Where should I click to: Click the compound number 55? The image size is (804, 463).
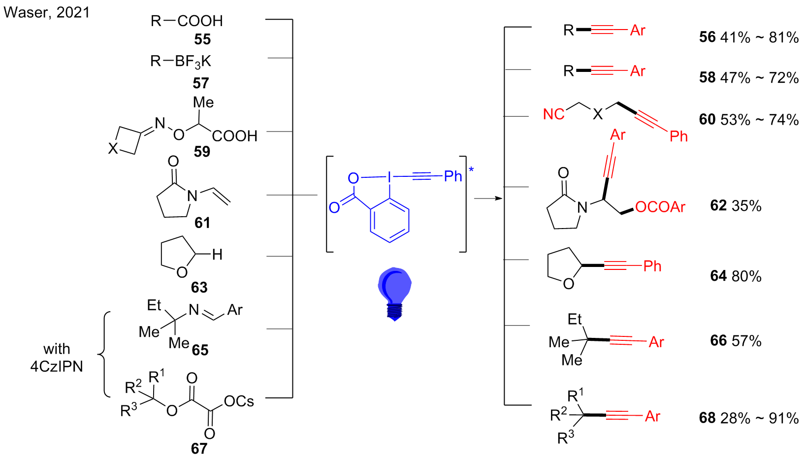click(202, 39)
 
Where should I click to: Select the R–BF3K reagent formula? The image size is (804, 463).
click(181, 62)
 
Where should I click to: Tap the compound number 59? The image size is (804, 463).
click(202, 152)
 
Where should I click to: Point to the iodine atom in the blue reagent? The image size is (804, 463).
click(389, 177)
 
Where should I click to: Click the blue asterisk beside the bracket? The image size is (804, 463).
click(471, 169)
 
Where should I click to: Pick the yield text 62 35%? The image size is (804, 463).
click(736, 206)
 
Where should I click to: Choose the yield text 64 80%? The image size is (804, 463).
click(736, 276)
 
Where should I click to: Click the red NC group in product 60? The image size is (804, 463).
click(554, 114)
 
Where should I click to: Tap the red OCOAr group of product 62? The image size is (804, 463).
click(660, 207)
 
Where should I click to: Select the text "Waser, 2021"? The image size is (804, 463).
click(46, 13)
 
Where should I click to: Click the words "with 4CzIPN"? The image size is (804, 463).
click(57, 358)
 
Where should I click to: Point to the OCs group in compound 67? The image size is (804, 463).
click(239, 401)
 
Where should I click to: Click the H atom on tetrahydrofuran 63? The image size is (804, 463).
click(217, 255)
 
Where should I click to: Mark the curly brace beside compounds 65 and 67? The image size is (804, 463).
click(104, 355)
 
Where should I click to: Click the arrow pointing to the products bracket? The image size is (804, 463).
click(488, 198)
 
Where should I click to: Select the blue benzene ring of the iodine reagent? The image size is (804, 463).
click(389, 220)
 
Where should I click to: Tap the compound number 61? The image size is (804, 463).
click(202, 223)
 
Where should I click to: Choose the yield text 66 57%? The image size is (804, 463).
click(736, 341)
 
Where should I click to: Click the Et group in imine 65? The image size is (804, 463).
click(154, 305)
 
